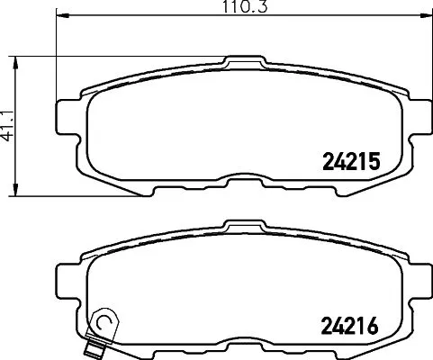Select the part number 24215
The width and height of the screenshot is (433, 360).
click(x=353, y=161)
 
